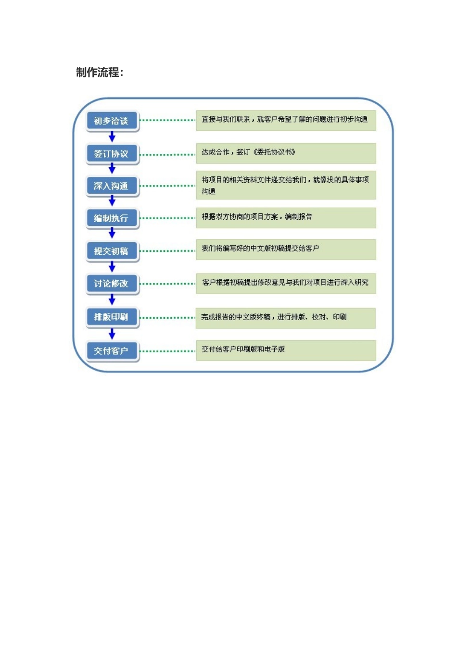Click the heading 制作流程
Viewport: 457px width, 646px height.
coord(100,73)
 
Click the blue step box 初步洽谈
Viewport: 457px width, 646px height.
coord(112,121)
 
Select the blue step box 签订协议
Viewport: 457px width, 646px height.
coord(112,154)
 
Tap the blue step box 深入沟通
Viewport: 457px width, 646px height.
coord(112,186)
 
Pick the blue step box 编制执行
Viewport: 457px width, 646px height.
coord(112,218)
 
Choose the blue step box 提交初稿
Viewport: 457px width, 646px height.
coord(112,251)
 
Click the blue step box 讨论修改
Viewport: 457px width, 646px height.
coord(112,284)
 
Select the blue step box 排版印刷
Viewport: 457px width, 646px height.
coord(112,317)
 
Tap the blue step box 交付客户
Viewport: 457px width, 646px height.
coord(112,351)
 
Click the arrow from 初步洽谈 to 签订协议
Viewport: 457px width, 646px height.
coord(112,137)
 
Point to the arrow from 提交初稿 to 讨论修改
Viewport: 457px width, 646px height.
coord(112,267)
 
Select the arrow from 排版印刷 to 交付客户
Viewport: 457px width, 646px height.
coord(112,334)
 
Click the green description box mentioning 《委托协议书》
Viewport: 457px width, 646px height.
coord(286,153)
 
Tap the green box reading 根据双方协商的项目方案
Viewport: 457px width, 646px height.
coord(286,217)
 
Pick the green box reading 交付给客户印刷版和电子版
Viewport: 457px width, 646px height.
coord(286,350)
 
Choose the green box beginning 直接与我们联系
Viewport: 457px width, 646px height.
coord(286,120)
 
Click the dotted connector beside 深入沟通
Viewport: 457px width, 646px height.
coord(167,186)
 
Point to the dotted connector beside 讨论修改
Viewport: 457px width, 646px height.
coord(167,284)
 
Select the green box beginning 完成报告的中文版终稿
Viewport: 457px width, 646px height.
coord(286,317)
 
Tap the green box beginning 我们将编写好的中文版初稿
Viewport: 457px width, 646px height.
coord(286,249)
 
